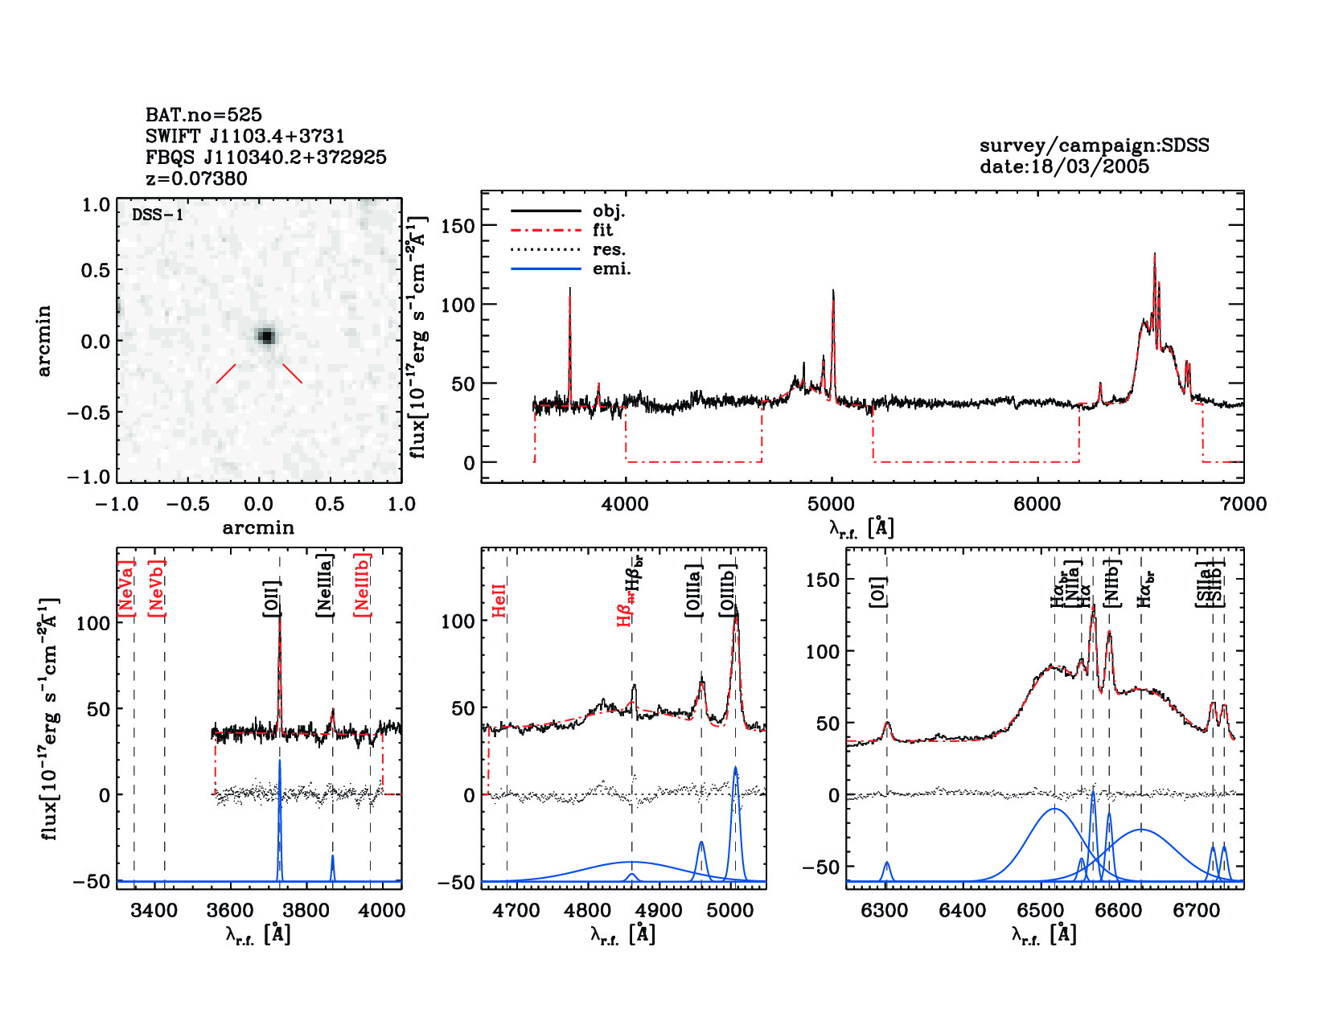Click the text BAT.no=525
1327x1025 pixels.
[203, 115]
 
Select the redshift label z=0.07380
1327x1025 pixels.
[196, 178]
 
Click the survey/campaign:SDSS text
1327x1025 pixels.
[1094, 146]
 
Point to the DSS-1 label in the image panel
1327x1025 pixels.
[158, 215]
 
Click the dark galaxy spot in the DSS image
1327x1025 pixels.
[266, 336]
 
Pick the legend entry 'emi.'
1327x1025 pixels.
[611, 269]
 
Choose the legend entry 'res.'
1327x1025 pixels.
[609, 249]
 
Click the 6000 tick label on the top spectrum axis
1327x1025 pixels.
[1037, 504]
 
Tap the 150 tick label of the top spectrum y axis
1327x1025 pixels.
[458, 226]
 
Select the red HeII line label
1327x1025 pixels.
[499, 601]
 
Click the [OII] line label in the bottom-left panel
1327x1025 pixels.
[272, 599]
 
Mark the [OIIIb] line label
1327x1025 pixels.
[728, 590]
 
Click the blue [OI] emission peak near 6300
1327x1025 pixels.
[887, 863]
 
